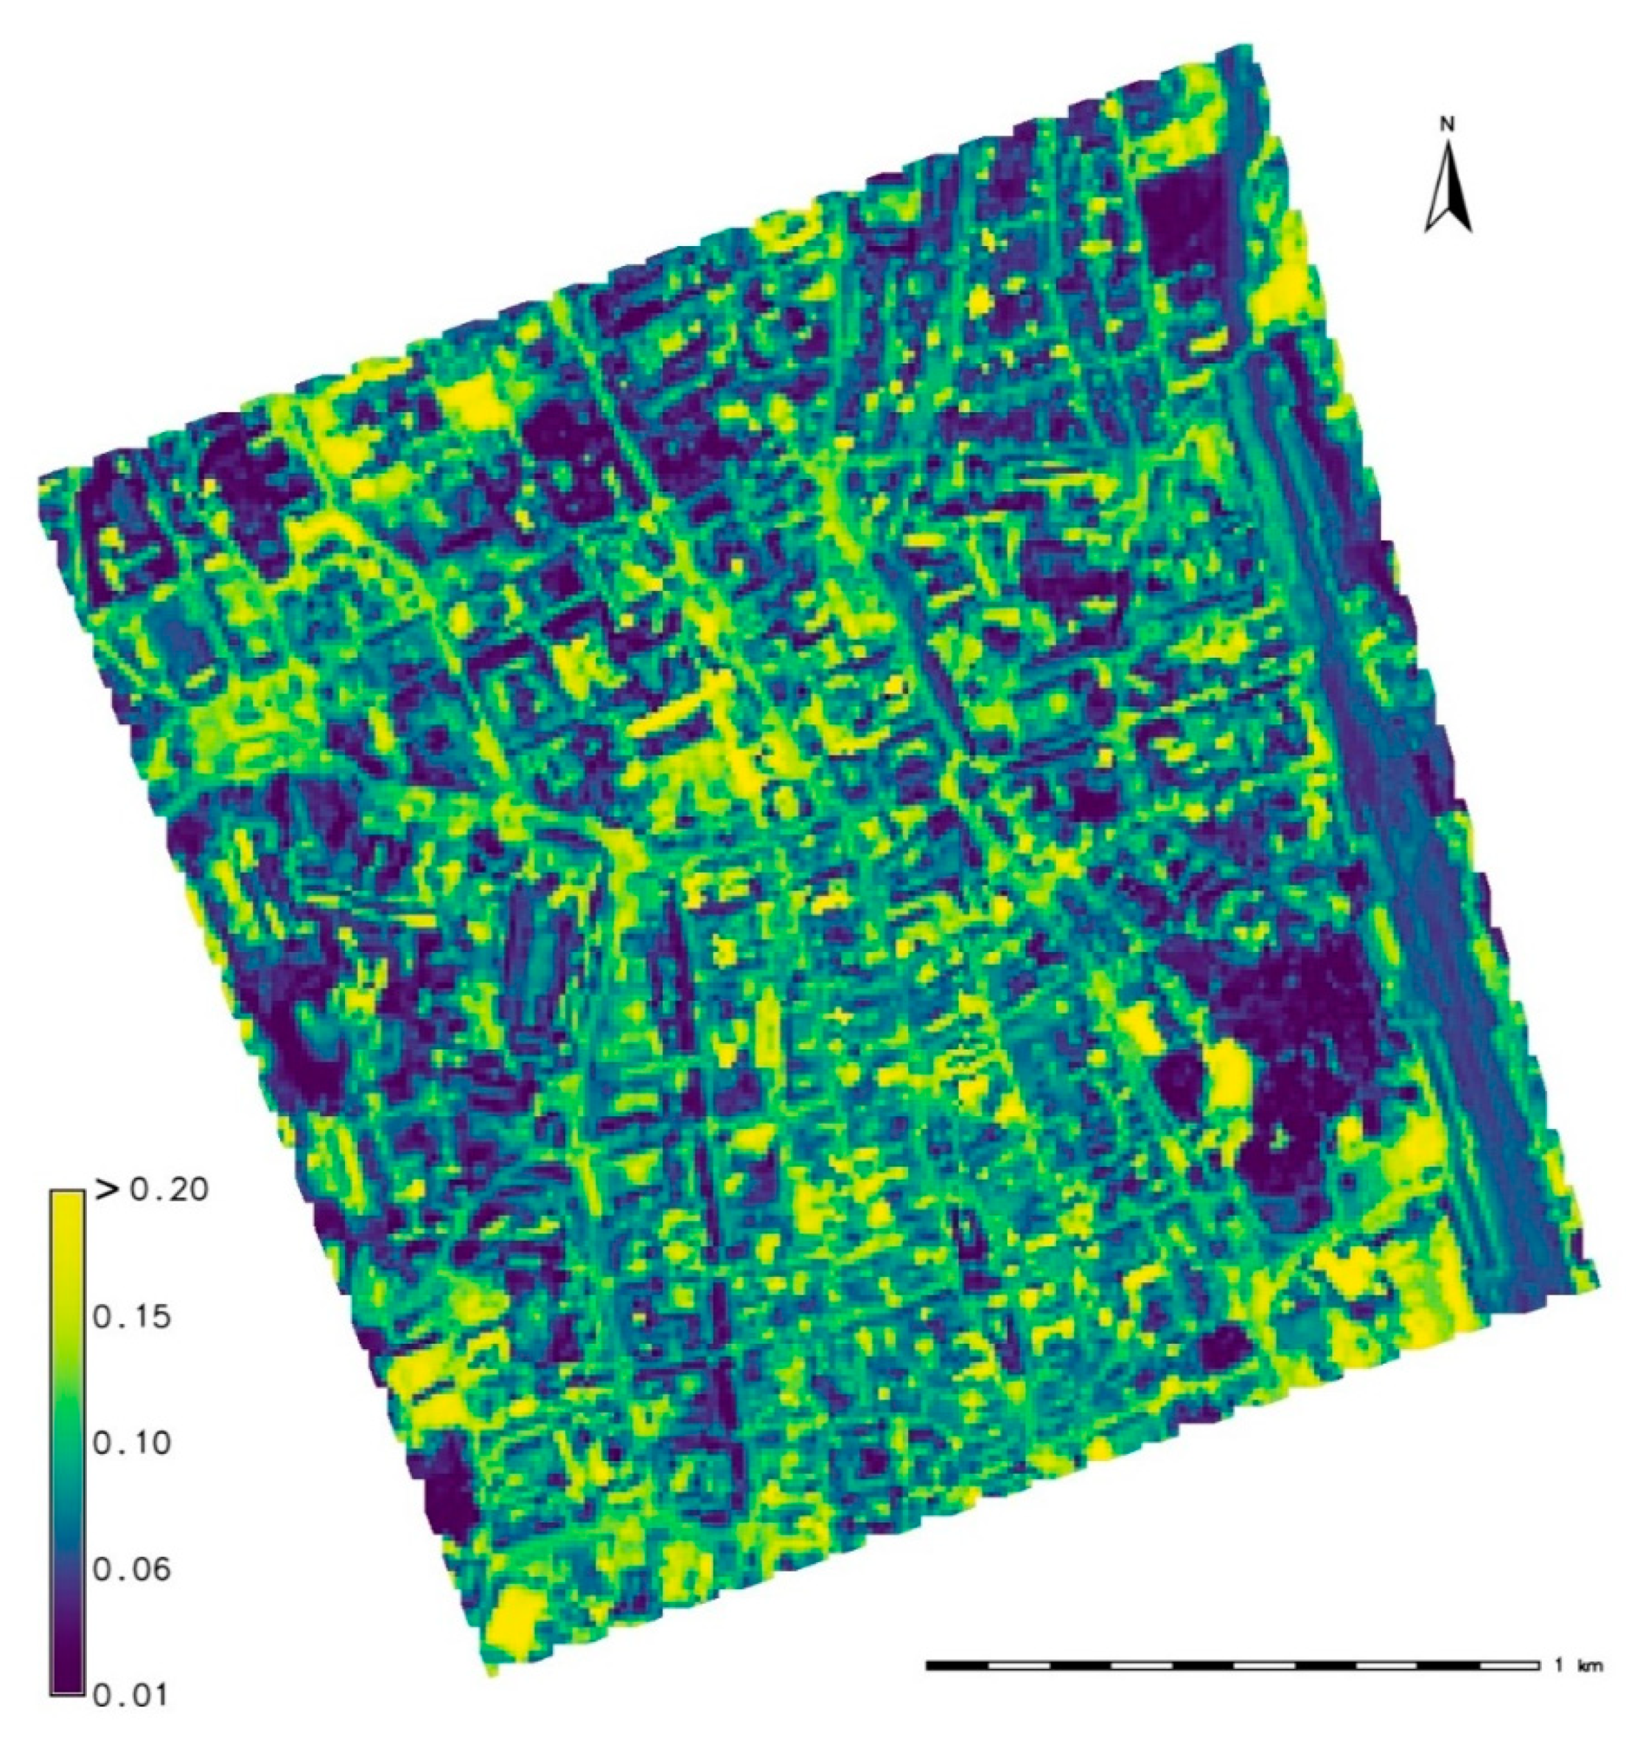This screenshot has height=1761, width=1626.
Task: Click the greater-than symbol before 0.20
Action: tap(105, 1191)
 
